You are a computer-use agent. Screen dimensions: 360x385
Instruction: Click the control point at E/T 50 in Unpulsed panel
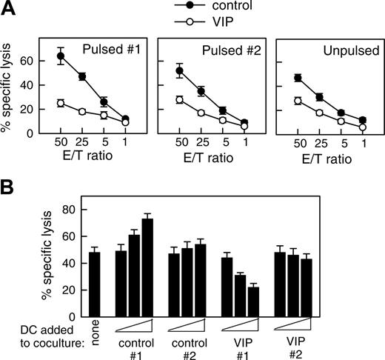tap(297, 78)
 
